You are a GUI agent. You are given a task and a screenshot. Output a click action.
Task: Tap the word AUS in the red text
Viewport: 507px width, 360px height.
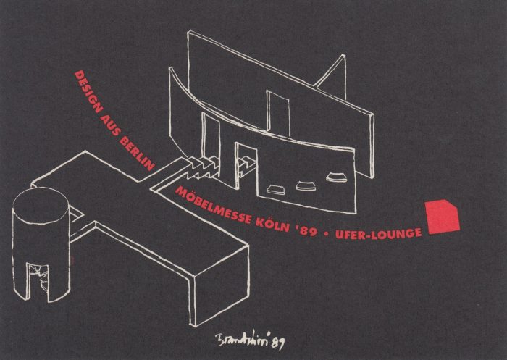point(111,126)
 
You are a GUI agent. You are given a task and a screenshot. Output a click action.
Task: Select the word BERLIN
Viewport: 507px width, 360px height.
point(137,154)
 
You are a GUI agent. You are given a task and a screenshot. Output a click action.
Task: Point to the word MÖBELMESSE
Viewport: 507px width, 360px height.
point(213,205)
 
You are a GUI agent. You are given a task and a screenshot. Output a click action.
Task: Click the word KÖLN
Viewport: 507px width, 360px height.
point(273,224)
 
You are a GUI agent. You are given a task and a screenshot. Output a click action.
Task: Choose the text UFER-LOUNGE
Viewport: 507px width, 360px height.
point(379,233)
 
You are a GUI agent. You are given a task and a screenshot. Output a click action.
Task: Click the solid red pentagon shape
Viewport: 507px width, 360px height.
point(443,217)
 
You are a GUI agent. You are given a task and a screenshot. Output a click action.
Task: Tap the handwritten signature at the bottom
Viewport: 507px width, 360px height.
point(242,339)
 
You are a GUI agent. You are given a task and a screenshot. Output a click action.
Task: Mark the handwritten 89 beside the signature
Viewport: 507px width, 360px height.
point(278,343)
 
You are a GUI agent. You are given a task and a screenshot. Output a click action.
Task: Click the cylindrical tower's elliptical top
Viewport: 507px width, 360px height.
point(41,206)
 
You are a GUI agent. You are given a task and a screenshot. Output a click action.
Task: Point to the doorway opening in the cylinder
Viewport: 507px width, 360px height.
point(38,282)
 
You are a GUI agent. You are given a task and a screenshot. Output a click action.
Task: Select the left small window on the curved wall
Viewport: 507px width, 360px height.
point(275,190)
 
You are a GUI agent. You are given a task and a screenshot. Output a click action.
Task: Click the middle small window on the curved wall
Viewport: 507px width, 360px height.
point(306,185)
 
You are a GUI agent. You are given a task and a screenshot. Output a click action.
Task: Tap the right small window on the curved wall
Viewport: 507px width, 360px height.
point(336,177)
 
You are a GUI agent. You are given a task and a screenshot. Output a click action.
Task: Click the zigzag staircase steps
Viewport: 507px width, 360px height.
point(202,167)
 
